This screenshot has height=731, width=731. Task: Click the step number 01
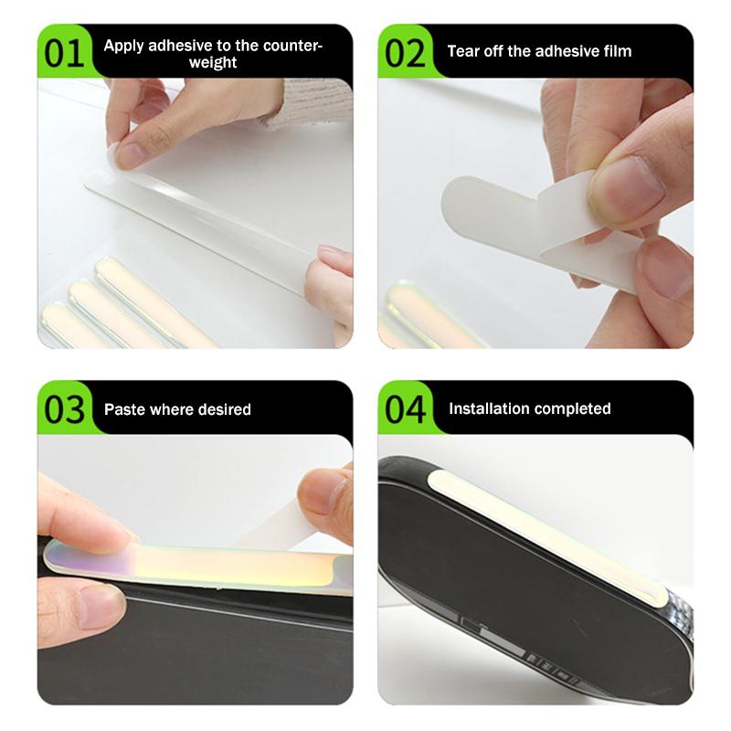click(x=64, y=54)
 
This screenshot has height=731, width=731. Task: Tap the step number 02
click(x=405, y=54)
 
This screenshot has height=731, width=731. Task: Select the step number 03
click(x=64, y=409)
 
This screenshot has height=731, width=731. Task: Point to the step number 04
click(x=405, y=409)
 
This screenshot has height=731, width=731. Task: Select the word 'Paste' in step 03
click(x=122, y=409)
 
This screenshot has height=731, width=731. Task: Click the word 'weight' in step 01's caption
click(x=213, y=62)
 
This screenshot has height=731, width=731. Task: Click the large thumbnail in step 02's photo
click(x=630, y=182)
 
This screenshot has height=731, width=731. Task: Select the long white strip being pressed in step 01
click(x=200, y=228)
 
